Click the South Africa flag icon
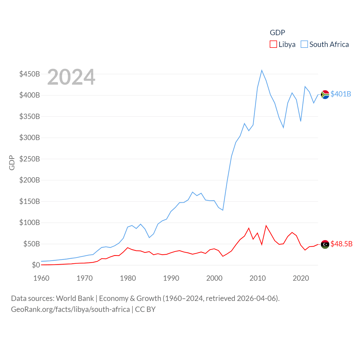325,94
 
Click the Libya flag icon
325,244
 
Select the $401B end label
341,94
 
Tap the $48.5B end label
341,244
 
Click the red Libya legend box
273,44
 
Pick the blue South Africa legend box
304,44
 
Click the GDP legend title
277,33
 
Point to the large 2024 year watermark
71,77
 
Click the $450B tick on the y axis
30,74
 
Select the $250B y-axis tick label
30,159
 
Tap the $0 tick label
36,265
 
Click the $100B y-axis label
30,222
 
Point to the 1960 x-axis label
41,278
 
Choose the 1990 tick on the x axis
171,278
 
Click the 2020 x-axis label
301,278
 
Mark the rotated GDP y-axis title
12,163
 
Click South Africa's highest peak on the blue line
262,70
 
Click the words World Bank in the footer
75,298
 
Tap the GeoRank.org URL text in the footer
70,309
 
